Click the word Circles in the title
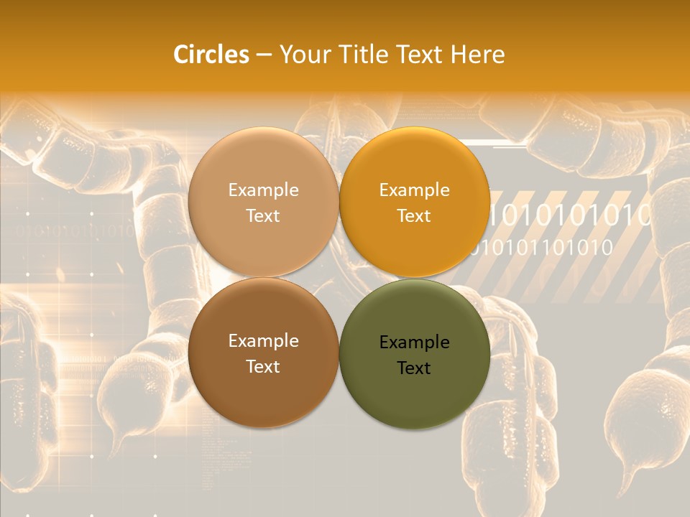pyautogui.click(x=211, y=55)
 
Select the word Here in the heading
pyautogui.click(x=477, y=55)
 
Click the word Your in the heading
pyautogui.click(x=304, y=55)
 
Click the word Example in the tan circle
pyautogui.click(x=263, y=190)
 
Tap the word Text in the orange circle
pyautogui.click(x=414, y=215)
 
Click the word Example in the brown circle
pyautogui.click(x=263, y=340)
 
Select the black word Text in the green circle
pyautogui.click(x=414, y=368)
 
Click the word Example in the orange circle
pyautogui.click(x=414, y=190)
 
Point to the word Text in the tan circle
pyautogui.click(x=263, y=215)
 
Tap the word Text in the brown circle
pyautogui.click(x=263, y=366)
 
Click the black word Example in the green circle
pyautogui.click(x=414, y=342)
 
